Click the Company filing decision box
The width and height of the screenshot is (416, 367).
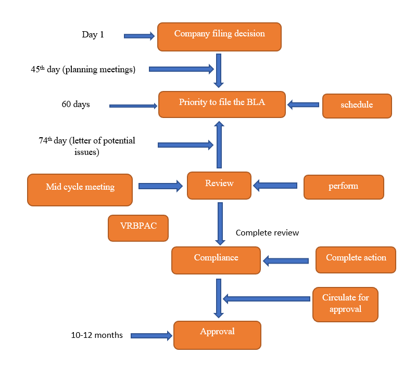pyautogui.click(x=219, y=36)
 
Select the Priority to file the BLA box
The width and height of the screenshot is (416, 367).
pyautogui.click(x=222, y=104)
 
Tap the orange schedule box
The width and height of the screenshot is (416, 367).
pyautogui.click(x=357, y=106)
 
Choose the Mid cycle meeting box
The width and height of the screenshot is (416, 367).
pyautogui.click(x=80, y=189)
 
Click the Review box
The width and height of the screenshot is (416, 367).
pyautogui.click(x=219, y=185)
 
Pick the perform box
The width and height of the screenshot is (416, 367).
pyautogui.click(x=344, y=187)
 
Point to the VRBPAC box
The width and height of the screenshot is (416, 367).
pyautogui.click(x=138, y=228)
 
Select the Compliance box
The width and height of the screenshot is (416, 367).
pyautogui.click(x=216, y=260)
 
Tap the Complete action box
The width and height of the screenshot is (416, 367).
pyautogui.click(x=356, y=260)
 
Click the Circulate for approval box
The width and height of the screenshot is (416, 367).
pyautogui.click(x=345, y=304)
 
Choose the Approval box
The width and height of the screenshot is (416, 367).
pyautogui.click(x=217, y=334)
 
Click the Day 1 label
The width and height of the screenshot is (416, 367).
pyautogui.click(x=93, y=35)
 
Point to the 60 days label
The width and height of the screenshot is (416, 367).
pyautogui.click(x=75, y=104)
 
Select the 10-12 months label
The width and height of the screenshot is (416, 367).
pyautogui.click(x=97, y=335)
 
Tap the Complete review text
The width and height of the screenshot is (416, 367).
pyautogui.click(x=267, y=232)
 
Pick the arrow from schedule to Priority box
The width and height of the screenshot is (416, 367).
pyautogui.click(x=304, y=104)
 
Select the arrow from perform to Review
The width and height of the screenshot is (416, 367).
pyautogui.click(x=275, y=185)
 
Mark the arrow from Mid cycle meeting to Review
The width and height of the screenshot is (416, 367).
pyautogui.click(x=160, y=185)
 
